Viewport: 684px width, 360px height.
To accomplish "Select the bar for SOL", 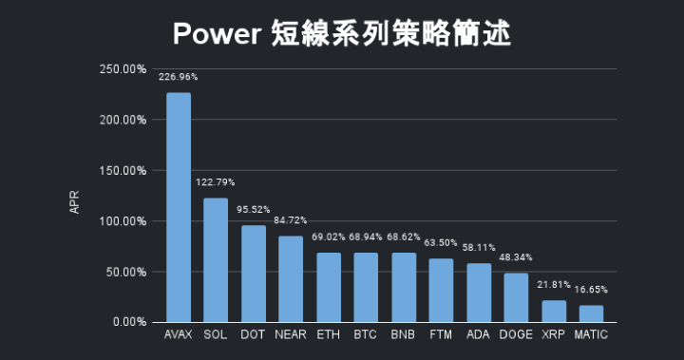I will [x=216, y=260].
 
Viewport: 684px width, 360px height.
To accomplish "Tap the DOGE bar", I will [x=516, y=297].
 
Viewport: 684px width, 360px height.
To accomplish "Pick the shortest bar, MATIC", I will [x=591, y=313].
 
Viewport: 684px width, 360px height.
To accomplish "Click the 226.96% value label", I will [x=178, y=76].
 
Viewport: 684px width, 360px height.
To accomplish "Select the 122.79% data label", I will [x=216, y=181].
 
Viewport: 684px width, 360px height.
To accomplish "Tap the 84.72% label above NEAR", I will [x=291, y=220].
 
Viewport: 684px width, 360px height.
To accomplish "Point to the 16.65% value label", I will [x=591, y=289].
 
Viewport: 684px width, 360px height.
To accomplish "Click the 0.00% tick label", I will [x=127, y=322].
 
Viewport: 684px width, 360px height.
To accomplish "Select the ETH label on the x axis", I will [x=328, y=335].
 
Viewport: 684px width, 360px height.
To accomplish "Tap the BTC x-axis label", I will [x=366, y=335].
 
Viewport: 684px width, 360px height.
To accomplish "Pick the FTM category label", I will [x=441, y=335].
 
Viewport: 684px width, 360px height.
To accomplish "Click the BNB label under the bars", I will [x=403, y=335].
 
